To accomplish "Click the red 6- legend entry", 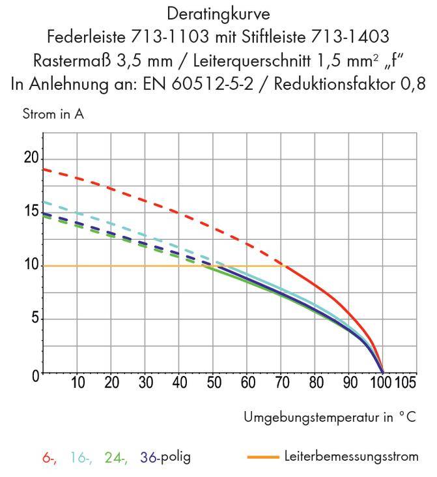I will [x=49, y=457].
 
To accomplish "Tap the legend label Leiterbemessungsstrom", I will [x=352, y=456].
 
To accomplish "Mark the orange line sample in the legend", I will [x=263, y=457].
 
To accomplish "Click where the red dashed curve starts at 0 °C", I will [x=43, y=169].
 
